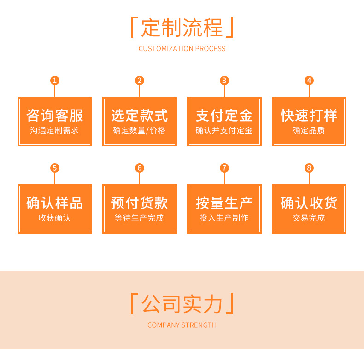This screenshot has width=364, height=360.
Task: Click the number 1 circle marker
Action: pos(55,81)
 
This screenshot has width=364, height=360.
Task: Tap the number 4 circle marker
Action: pos(309,81)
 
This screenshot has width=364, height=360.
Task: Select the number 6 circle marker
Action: pos(140,168)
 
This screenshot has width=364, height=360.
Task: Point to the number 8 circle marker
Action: pos(309,168)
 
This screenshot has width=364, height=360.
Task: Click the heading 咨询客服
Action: pos(55,115)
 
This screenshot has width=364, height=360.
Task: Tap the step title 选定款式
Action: pos(140,115)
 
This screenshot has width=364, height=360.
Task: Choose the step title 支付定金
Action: pos(224,115)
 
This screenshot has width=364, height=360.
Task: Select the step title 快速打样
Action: pos(309,115)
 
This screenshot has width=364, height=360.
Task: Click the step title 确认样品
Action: pos(55,203)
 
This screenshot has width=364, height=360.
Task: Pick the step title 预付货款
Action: pos(140,203)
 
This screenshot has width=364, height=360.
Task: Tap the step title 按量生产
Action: pos(224,203)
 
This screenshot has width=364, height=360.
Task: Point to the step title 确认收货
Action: pos(309,203)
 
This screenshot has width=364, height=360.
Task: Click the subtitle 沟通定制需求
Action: pos(55,131)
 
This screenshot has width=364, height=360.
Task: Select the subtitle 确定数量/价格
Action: pos(140,131)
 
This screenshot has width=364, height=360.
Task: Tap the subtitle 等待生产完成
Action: pos(140,218)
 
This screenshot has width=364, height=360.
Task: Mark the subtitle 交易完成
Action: pos(309,218)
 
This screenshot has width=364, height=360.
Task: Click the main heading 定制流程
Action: pos(182,27)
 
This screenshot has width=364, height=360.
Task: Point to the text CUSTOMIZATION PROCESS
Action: pos(182,49)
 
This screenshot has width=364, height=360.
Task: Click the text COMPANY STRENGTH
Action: pos(182,325)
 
